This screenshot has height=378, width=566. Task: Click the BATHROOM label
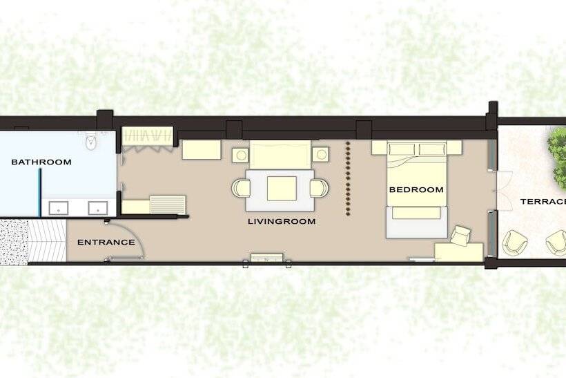[x=41, y=162]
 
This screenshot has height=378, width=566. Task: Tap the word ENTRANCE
[x=106, y=242]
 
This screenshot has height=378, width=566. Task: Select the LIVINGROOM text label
[x=282, y=222]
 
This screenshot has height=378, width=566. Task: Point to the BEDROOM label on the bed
[x=416, y=189]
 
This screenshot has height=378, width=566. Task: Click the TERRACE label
[x=543, y=202]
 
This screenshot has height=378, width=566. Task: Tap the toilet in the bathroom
[x=90, y=142]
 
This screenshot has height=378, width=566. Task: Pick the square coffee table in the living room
[x=282, y=188]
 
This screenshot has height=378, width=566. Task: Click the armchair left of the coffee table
[x=240, y=187]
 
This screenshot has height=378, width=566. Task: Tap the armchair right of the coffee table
[x=320, y=187]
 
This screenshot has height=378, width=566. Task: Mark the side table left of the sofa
[x=240, y=154]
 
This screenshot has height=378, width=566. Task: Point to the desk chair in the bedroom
[x=460, y=235]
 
